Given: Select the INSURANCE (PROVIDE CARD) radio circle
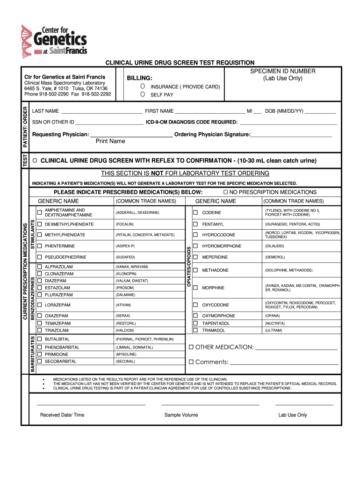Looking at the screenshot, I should [142, 87].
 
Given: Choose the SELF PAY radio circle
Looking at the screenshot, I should [142, 94].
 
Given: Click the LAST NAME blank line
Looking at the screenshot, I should [101, 111].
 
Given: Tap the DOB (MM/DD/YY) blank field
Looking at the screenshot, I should [320, 111].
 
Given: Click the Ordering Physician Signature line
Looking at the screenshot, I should [291, 135].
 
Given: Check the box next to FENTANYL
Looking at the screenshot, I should [195, 224].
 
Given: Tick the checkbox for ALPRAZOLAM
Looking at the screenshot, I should [40, 267].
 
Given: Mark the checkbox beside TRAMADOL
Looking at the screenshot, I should [195, 330].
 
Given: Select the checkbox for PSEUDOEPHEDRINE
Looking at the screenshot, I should [40, 257].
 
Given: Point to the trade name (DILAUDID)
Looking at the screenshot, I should [274, 246].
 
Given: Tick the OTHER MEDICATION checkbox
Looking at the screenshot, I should [191, 347].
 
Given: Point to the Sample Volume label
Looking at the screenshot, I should [181, 415].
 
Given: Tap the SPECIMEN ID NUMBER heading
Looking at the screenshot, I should [282, 71].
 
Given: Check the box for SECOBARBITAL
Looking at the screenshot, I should [40, 362].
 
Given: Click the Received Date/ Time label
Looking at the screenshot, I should [62, 415].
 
